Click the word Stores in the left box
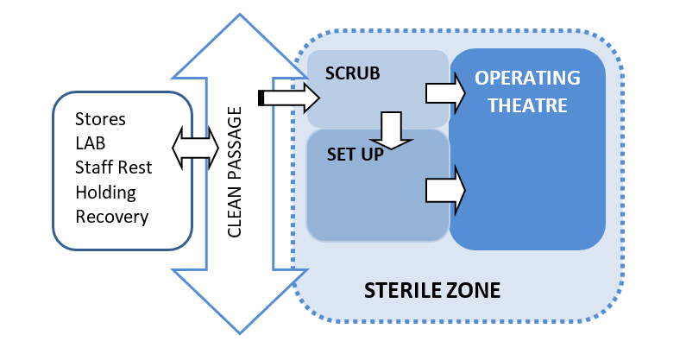click(x=100, y=118)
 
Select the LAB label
click(x=91, y=142)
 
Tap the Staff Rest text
click(x=110, y=167)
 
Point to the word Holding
click(x=105, y=192)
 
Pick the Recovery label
click(x=111, y=216)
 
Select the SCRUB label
click(x=352, y=73)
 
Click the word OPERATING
click(x=527, y=78)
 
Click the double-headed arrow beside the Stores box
click(x=196, y=148)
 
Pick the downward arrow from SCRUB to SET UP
click(x=393, y=129)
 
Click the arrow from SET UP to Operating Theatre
click(x=445, y=186)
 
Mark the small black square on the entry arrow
click(x=261, y=97)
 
